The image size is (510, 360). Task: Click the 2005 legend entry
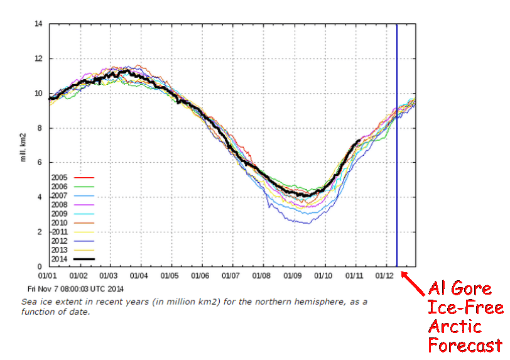click(60, 178)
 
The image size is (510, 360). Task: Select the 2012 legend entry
click(60, 241)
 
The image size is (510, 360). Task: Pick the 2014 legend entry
click(60, 259)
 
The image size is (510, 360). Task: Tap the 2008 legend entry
click(60, 205)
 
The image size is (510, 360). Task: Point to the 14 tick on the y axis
click(38, 24)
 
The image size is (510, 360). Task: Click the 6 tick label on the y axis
click(40, 163)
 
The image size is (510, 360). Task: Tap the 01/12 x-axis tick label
click(385, 275)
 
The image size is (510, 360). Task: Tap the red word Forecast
click(465, 345)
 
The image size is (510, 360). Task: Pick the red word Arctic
click(455, 326)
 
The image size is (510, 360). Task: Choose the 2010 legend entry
click(60, 223)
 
